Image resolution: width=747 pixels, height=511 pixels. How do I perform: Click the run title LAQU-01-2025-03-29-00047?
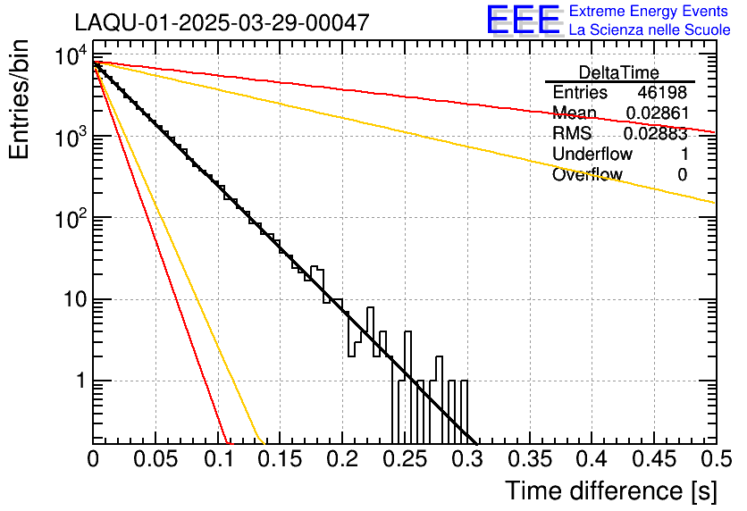click(x=222, y=23)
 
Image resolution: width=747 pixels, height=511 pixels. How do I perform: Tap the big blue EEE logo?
click(x=524, y=20)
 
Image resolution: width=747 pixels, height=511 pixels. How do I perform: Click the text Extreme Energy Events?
click(x=650, y=12)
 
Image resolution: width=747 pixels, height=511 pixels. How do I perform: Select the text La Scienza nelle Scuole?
click(x=650, y=29)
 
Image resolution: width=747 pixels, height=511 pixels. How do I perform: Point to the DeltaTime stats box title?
click(x=619, y=72)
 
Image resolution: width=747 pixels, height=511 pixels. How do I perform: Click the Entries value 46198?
click(x=662, y=93)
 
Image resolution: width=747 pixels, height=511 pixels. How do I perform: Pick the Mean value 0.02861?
click(x=656, y=113)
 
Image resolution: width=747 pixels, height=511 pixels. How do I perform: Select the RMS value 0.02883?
click(x=656, y=134)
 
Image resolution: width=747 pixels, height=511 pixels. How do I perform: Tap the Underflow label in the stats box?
click(x=592, y=155)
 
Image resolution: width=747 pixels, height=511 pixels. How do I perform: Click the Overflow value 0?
click(x=682, y=175)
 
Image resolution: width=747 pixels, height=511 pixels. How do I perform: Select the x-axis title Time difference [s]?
click(x=610, y=490)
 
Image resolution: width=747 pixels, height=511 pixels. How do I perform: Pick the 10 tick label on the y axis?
click(x=71, y=299)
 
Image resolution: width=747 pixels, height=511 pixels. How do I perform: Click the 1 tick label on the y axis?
click(x=79, y=381)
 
